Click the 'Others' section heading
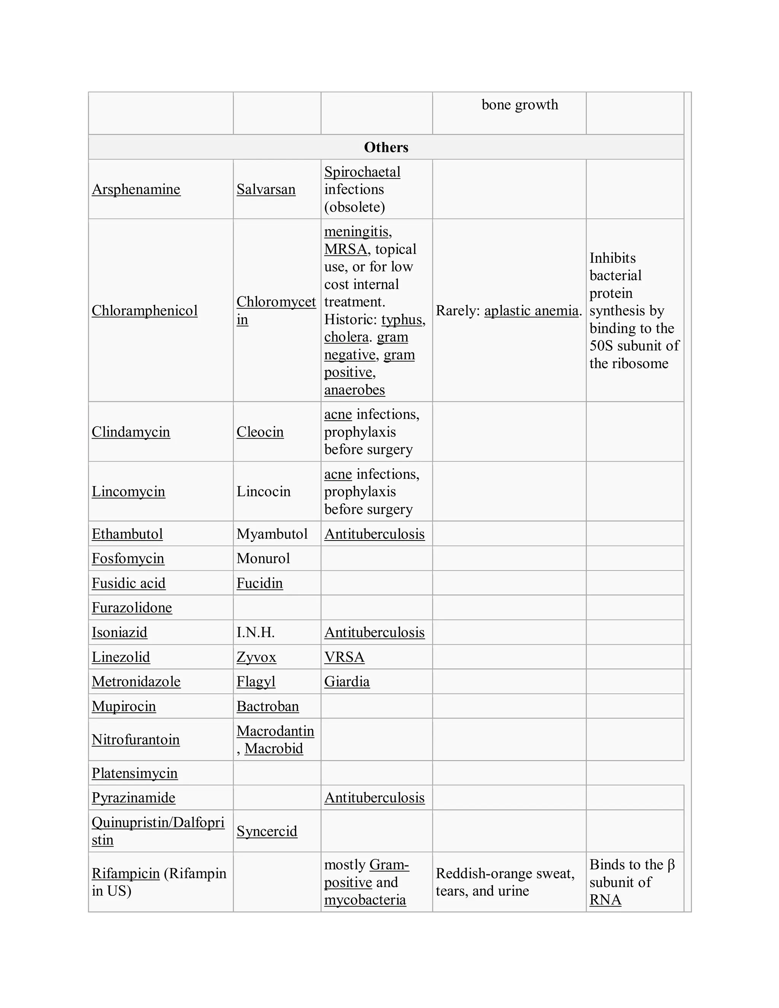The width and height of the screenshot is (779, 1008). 386,147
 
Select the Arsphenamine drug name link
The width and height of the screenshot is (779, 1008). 136,189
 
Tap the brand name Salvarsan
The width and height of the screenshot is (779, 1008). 266,189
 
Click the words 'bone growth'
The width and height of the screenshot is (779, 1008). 520,105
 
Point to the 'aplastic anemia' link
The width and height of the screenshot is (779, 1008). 531,311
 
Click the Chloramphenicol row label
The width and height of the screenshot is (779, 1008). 145,311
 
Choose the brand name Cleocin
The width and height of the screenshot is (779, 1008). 260,432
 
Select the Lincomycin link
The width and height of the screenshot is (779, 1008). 128,491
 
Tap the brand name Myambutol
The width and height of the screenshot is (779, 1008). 272,534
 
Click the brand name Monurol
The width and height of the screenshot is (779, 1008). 263,558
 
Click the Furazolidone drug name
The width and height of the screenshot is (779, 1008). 132,608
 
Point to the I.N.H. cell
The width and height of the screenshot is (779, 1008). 255,632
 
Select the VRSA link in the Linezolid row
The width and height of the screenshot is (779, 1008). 344,657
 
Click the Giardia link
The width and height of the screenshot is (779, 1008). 347,682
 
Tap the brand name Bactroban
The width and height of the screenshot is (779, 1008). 268,707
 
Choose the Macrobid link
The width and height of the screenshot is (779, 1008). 273,749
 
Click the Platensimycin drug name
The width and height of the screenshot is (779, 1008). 134,773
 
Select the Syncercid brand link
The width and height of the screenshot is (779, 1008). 267,831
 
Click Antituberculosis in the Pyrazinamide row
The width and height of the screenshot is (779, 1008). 374,798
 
